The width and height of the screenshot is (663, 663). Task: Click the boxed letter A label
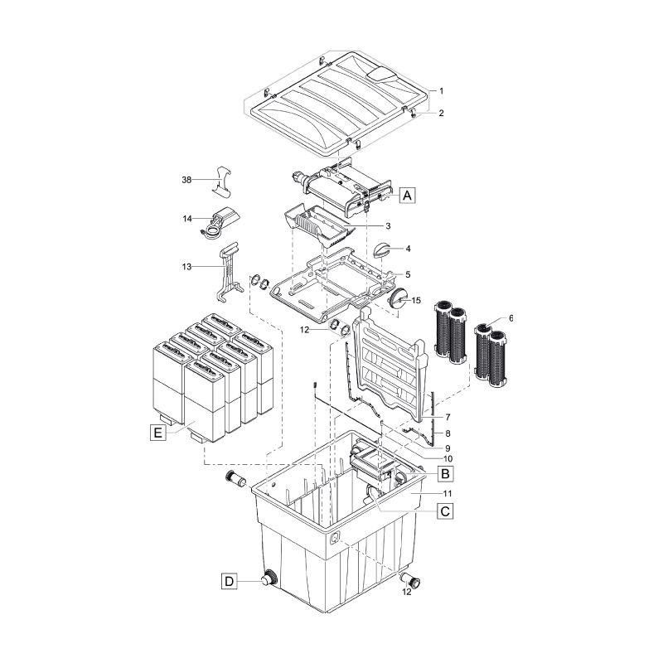coord(406,196)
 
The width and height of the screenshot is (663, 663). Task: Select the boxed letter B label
coord(444,473)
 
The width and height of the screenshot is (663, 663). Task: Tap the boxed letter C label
coord(444,511)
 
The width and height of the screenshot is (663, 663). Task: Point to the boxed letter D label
coord(229,582)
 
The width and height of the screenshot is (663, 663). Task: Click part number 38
coord(186,179)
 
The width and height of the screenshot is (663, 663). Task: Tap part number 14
coord(186,219)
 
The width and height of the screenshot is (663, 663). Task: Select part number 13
coord(186,267)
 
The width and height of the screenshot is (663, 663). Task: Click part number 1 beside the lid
coord(442,90)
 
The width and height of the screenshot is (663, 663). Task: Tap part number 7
coord(447,417)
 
